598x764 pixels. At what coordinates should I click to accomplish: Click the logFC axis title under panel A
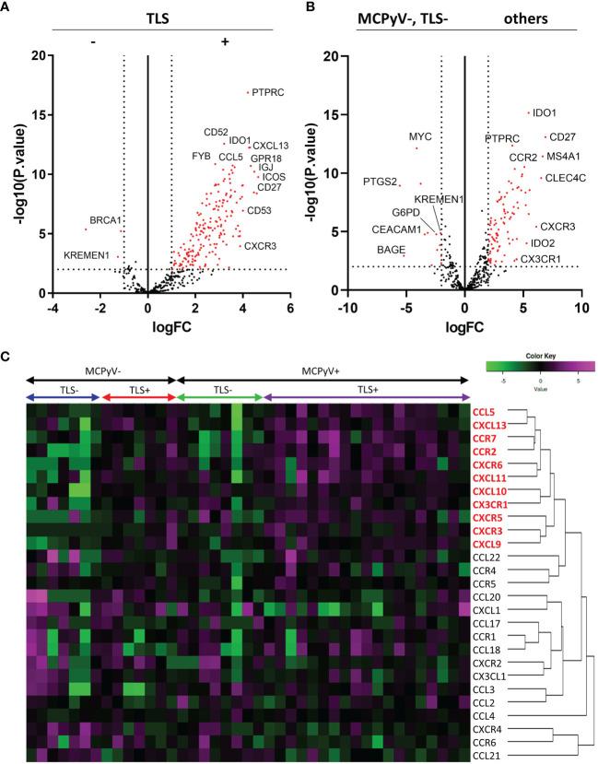[148, 327]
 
